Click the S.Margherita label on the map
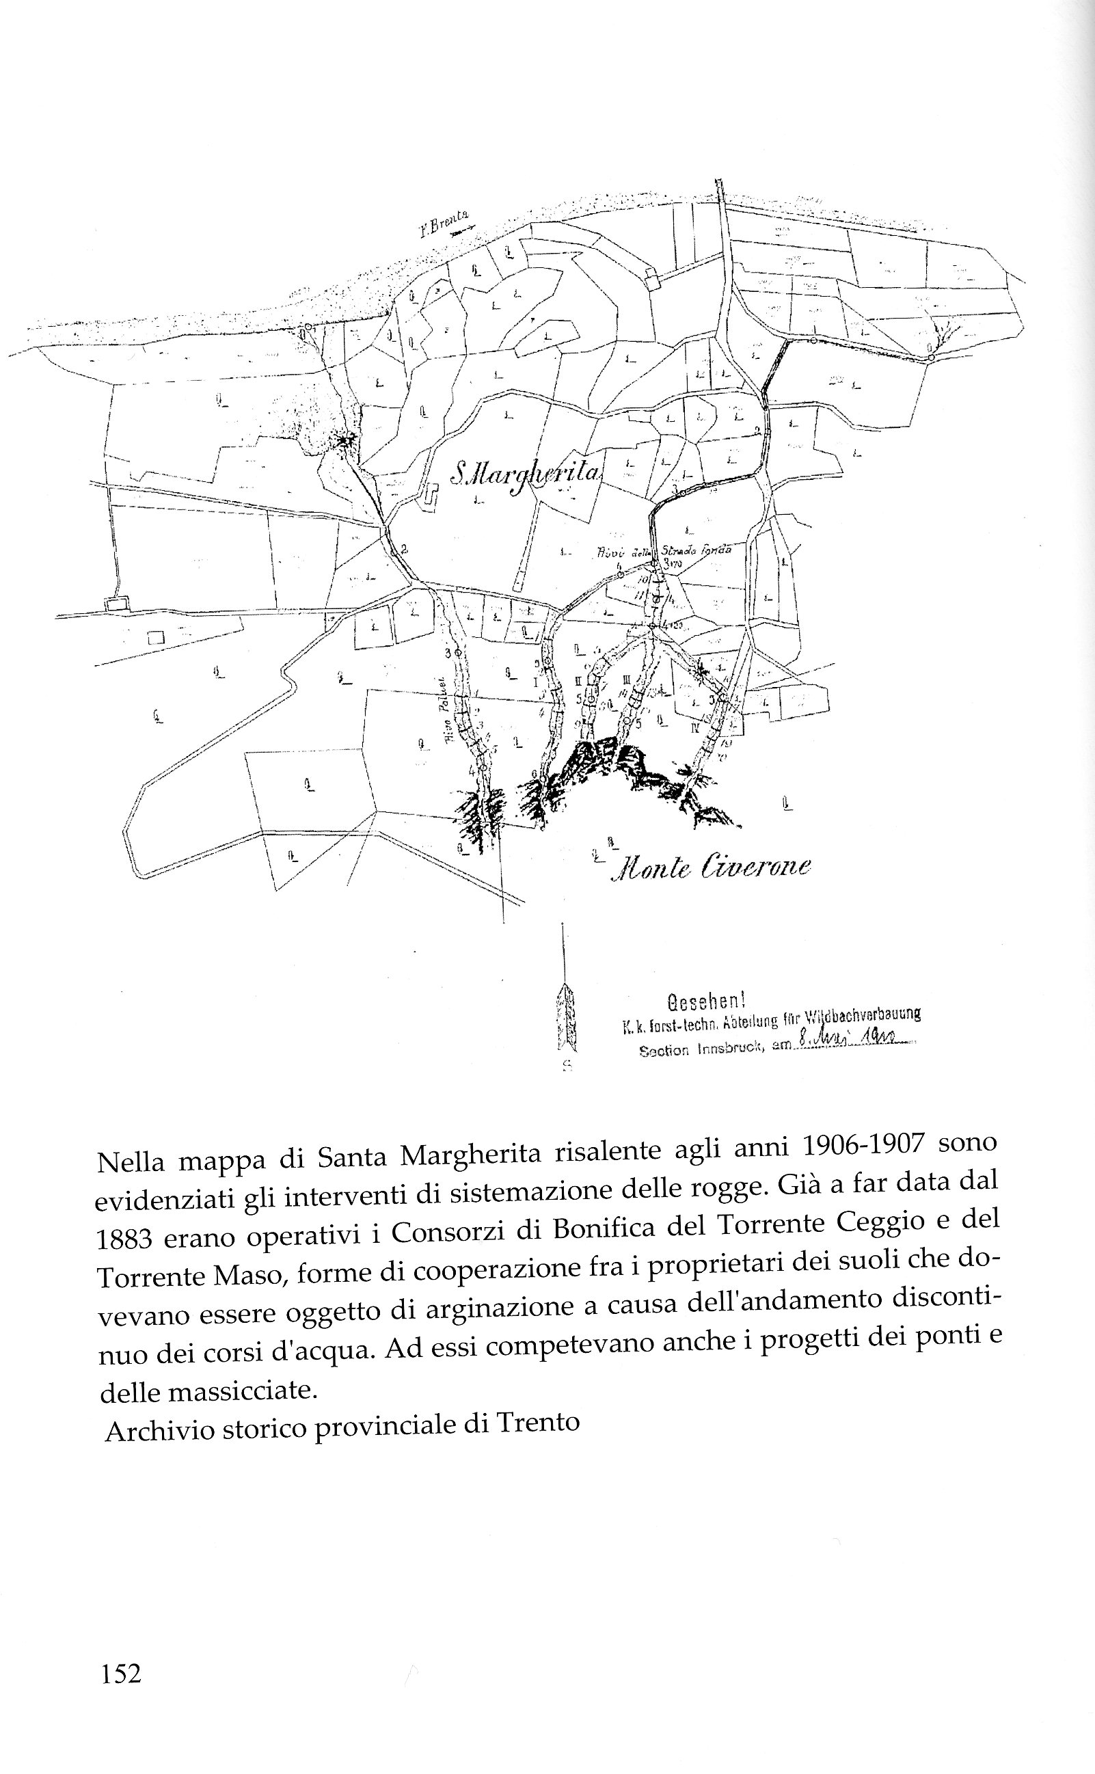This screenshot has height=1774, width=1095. coord(526,473)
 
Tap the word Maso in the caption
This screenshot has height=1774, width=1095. coord(244,1275)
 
